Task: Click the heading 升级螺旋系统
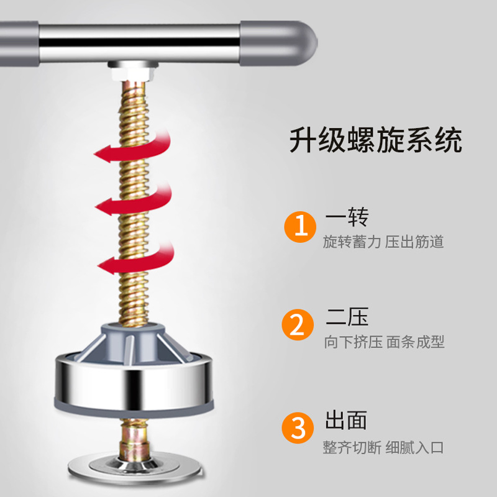tap(376, 141)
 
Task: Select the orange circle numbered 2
tap(301, 326)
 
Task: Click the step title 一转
tap(347, 217)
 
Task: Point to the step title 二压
tap(347, 317)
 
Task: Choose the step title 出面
tap(347, 421)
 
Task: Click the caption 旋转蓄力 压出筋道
tap(383, 242)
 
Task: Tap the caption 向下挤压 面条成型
tap(383, 342)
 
